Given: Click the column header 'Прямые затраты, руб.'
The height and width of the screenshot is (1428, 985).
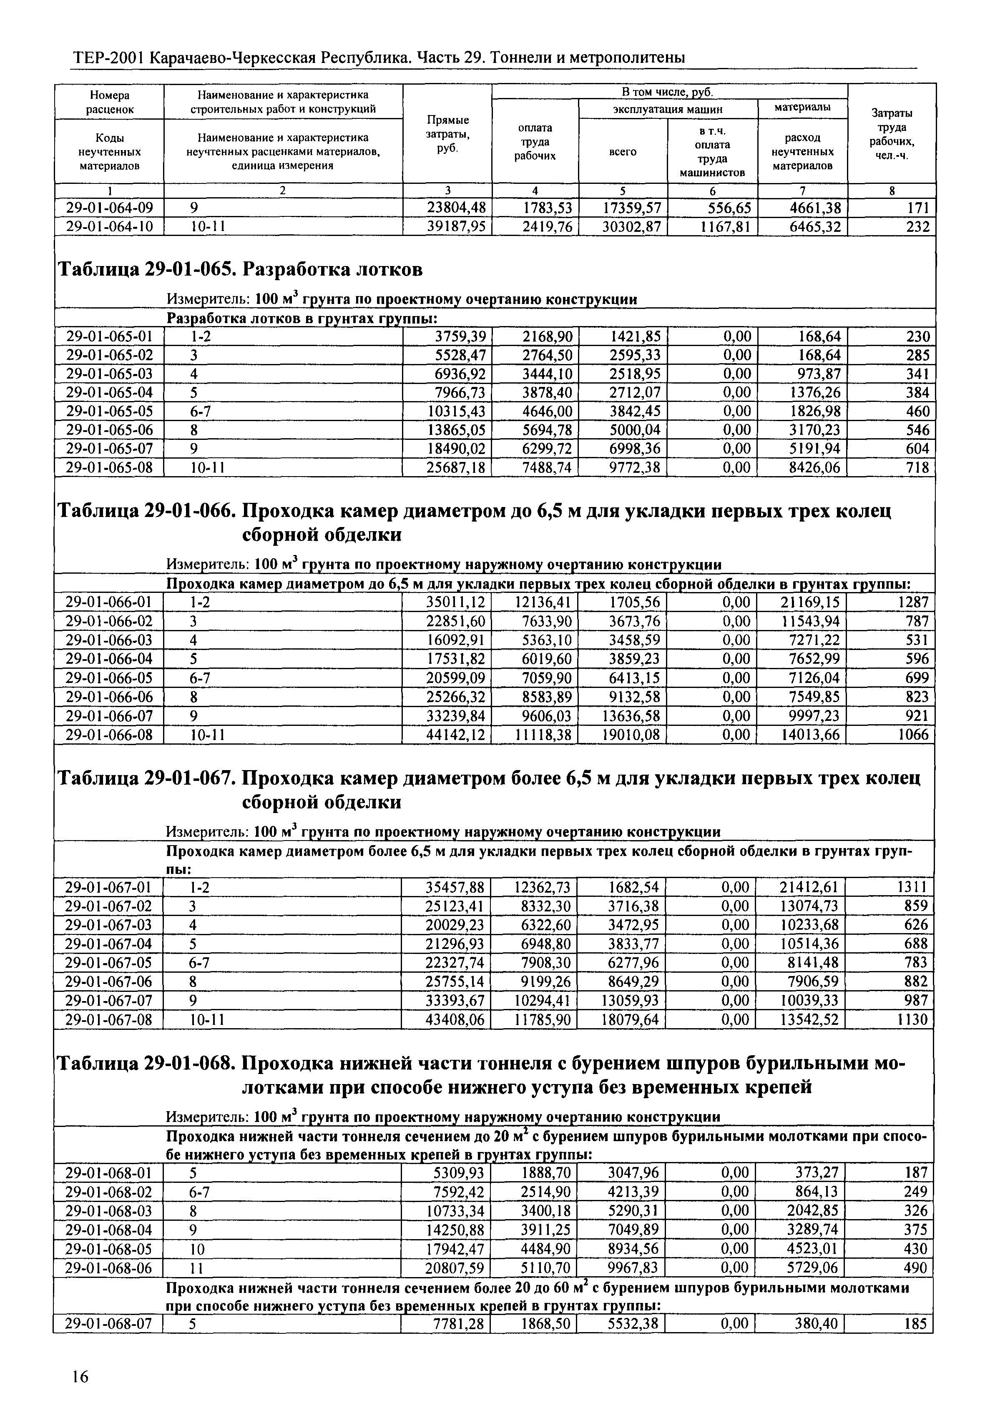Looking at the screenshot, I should [x=447, y=133].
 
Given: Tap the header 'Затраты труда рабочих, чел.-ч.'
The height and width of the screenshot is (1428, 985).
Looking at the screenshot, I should [x=892, y=133].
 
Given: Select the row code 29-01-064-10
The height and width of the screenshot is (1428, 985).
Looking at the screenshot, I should [x=109, y=227].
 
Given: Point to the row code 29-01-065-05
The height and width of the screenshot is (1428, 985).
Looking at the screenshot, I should [x=109, y=411].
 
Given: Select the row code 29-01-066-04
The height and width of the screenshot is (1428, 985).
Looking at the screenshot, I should [x=109, y=658].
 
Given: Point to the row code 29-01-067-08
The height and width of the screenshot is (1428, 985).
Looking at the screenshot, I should [x=109, y=1019].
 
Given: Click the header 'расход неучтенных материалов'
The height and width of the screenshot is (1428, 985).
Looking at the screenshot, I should [x=802, y=152].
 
